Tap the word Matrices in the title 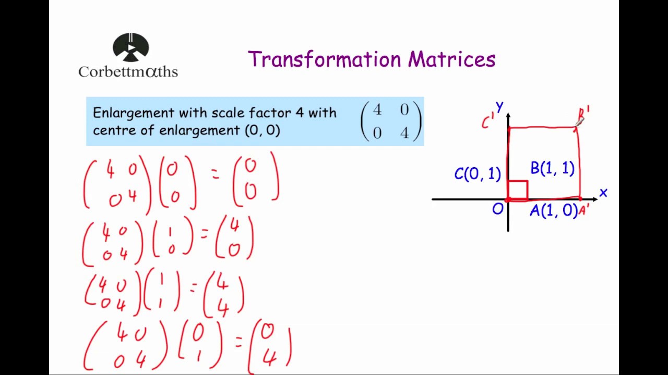click(x=451, y=59)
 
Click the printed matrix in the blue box click(x=390, y=121)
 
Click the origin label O click(x=497, y=209)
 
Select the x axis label click(x=603, y=193)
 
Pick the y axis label click(x=499, y=107)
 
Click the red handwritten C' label click(x=487, y=122)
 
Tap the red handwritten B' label click(x=583, y=114)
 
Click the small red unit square click(x=518, y=190)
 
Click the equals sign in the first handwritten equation click(x=215, y=176)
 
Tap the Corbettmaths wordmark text click(x=128, y=71)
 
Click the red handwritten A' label click(x=584, y=209)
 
